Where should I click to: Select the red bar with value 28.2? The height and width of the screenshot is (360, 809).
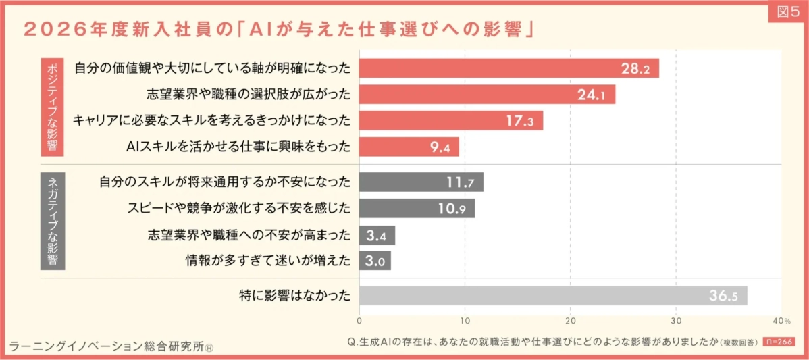508,68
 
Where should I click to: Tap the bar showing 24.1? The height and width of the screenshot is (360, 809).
487,95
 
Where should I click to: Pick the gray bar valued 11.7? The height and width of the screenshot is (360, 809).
421,182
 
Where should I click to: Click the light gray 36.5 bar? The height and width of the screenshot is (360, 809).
552,296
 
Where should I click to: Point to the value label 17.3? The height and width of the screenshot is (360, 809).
519,121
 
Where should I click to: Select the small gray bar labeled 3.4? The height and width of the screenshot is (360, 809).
377,235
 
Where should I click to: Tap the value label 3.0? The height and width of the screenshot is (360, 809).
375,261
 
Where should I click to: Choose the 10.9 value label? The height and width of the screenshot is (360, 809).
452,209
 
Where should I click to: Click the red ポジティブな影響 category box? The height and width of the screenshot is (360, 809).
53,107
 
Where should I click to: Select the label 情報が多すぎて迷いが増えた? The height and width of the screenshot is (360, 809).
268,261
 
